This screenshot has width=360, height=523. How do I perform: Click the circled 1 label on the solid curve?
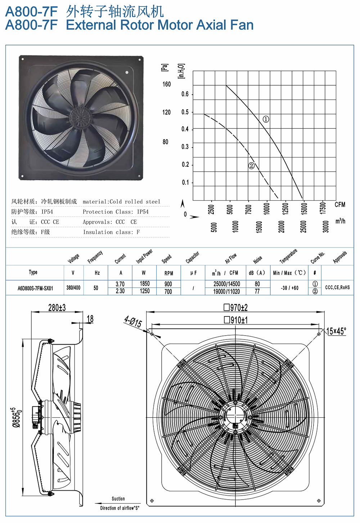pos(266,119)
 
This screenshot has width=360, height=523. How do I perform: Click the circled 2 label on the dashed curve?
pos(251,165)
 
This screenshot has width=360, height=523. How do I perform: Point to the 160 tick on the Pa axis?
pos(167,84)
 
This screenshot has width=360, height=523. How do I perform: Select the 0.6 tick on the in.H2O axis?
pos(185,94)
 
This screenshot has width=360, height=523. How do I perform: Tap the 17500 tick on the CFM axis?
pos(323,208)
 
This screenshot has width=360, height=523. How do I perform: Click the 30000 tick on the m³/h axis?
pos(326,227)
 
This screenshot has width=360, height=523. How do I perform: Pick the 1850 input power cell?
pos(145,284)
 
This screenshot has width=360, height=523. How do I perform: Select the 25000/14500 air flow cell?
pos(226,284)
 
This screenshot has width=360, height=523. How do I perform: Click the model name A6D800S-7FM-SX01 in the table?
pos(35,288)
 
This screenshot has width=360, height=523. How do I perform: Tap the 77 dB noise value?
pos(257,291)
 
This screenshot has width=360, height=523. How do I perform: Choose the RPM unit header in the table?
pos(169,273)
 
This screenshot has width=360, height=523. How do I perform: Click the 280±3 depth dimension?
pos(57,308)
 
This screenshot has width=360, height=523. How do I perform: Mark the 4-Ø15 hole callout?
pos(133,322)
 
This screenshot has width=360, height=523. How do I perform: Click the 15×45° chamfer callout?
pos(336,331)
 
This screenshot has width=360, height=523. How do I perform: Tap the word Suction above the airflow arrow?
pos(118,499)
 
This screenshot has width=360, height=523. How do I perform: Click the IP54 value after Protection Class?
pos(143,212)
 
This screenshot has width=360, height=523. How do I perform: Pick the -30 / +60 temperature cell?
pos(289,288)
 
